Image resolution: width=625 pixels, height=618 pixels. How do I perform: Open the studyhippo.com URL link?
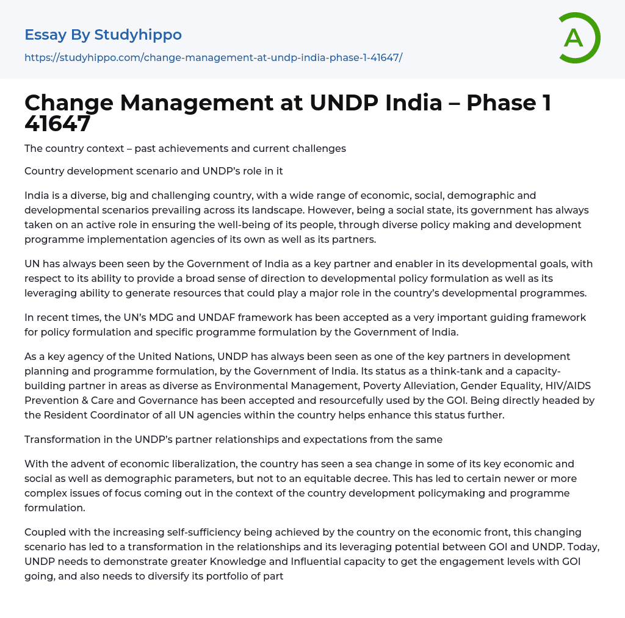tap(213, 57)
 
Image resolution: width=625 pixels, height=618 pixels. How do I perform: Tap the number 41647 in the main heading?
tap(57, 124)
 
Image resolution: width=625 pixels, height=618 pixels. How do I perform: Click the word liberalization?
tap(219, 464)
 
